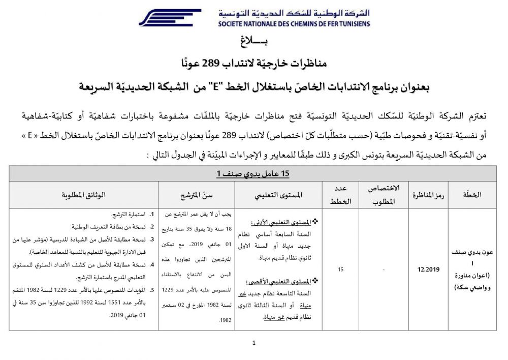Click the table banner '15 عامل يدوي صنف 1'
253,173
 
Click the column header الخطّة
473,195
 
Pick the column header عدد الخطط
341,195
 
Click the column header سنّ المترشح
196,195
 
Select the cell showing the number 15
341,269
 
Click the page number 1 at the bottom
253,343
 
